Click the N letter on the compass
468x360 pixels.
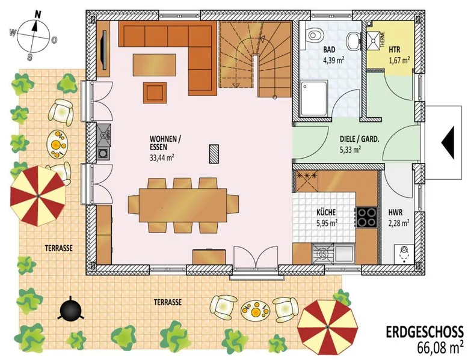click(38, 14)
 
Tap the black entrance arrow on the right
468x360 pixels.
click(448, 142)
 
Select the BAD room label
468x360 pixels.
click(329, 49)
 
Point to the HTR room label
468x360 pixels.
click(395, 50)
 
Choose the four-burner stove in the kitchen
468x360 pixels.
click(366, 217)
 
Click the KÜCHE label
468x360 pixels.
click(326, 213)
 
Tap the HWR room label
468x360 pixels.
click(395, 213)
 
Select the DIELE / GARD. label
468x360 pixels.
click(359, 139)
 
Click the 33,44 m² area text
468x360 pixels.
click(162, 157)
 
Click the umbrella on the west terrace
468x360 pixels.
click(38, 195)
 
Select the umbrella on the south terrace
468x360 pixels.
click(327, 328)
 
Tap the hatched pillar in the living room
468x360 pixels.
click(214, 154)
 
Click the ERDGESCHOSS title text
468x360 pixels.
click(425, 332)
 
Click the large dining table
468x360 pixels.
click(183, 205)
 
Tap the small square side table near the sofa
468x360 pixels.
click(155, 93)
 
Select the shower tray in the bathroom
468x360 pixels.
click(313, 99)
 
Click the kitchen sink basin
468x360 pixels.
click(344, 254)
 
